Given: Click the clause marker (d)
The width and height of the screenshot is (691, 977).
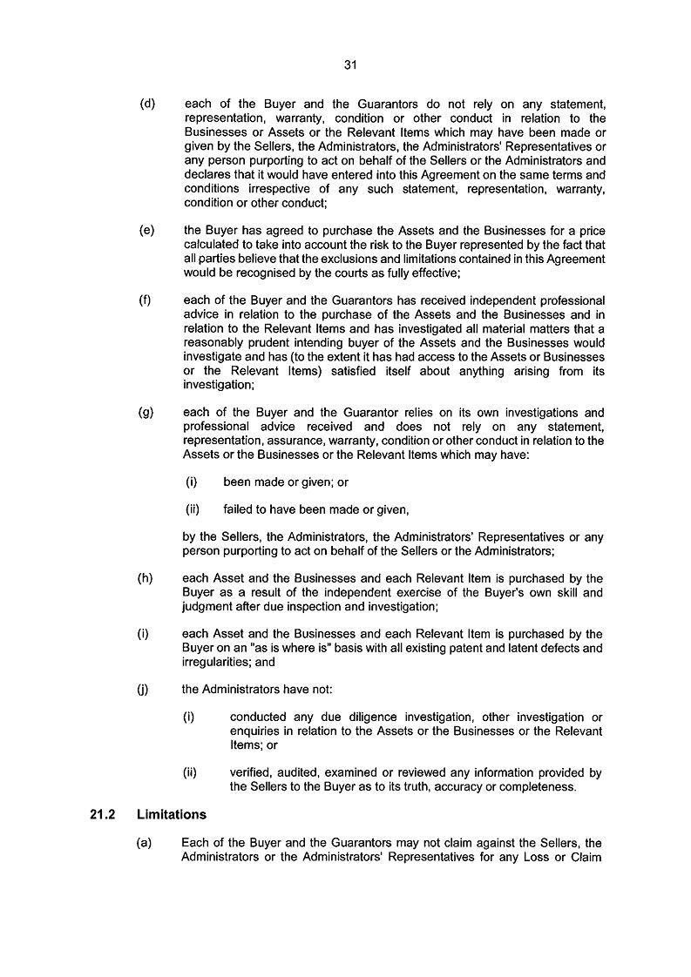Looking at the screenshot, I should (x=147, y=104).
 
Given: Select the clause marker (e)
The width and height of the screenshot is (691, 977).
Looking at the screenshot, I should (x=147, y=231).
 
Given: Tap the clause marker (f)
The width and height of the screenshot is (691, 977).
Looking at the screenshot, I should (x=146, y=301).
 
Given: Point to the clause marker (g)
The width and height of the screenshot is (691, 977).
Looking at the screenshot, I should (x=147, y=413).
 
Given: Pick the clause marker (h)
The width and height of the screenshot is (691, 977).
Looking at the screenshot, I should (x=147, y=578).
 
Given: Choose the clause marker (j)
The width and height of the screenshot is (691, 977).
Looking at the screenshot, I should (x=146, y=690).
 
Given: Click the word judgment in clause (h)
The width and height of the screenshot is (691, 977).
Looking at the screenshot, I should (x=207, y=606).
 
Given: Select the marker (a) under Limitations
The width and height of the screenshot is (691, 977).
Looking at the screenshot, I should (x=147, y=843).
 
